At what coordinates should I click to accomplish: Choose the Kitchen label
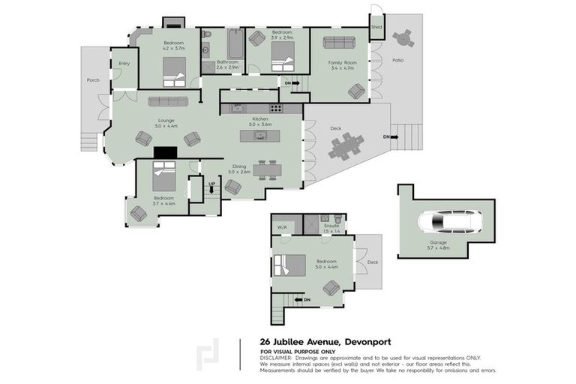259,118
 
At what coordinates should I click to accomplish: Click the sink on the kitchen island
259,136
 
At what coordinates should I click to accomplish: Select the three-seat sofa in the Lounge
168,101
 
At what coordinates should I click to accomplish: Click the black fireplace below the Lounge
164,151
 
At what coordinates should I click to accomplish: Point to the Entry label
124,64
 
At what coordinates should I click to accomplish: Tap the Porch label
93,79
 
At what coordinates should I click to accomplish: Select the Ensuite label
331,225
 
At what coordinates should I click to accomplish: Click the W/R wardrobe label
283,226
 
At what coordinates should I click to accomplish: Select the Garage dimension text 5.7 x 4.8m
438,247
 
